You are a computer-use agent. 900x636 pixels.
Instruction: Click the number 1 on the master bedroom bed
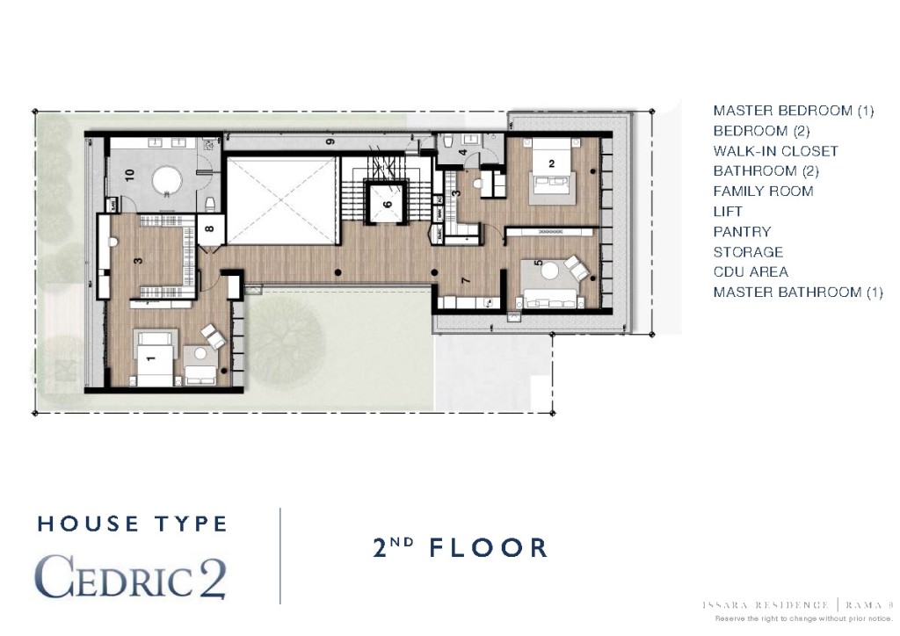pos(150,358)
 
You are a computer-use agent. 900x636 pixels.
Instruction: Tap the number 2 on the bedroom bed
pos(551,163)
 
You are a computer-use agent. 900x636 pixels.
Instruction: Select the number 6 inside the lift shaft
pos(387,206)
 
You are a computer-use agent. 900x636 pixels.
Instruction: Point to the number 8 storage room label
pos(209,230)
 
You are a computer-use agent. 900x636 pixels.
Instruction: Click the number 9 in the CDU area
pos(330,141)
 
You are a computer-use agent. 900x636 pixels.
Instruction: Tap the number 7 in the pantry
pos(466,280)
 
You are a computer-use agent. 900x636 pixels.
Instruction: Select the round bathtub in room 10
pos(166,181)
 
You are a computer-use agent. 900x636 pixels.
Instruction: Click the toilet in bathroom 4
pos(447,140)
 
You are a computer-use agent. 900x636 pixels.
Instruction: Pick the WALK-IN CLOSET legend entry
pos(775,151)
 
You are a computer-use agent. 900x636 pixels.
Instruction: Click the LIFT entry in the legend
pos(728,212)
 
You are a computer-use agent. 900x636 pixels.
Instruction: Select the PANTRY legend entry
pos(742,232)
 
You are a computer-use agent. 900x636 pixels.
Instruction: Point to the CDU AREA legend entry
pos(751,272)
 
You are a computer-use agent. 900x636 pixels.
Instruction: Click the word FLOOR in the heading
pos(488,548)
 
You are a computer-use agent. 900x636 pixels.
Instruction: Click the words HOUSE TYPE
pos(132,524)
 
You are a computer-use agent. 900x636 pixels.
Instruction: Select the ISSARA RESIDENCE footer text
pos(765,604)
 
